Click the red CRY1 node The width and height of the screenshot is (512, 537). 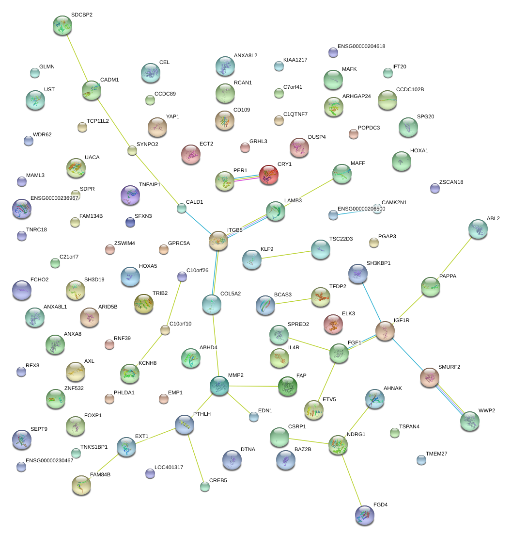coord(268,175)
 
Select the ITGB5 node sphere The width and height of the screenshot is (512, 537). coord(218,241)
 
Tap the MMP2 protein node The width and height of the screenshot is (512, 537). coord(219,385)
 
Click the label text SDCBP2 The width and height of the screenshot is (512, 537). coord(81,15)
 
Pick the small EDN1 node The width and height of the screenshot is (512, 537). coord(254,416)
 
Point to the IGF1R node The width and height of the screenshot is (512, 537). coord(385,330)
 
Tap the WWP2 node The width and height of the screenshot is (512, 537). coord(469,421)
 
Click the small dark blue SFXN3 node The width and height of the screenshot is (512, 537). coord(130,222)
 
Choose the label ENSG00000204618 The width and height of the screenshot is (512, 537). coord(361,47)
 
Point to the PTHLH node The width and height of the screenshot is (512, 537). coord(185,424)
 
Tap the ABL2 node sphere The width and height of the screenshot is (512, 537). coord(478,229)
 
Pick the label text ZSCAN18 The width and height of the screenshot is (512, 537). coord(451,182)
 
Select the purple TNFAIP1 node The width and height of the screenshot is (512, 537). coord(130,195)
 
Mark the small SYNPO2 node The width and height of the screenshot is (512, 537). coord(132,150)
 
